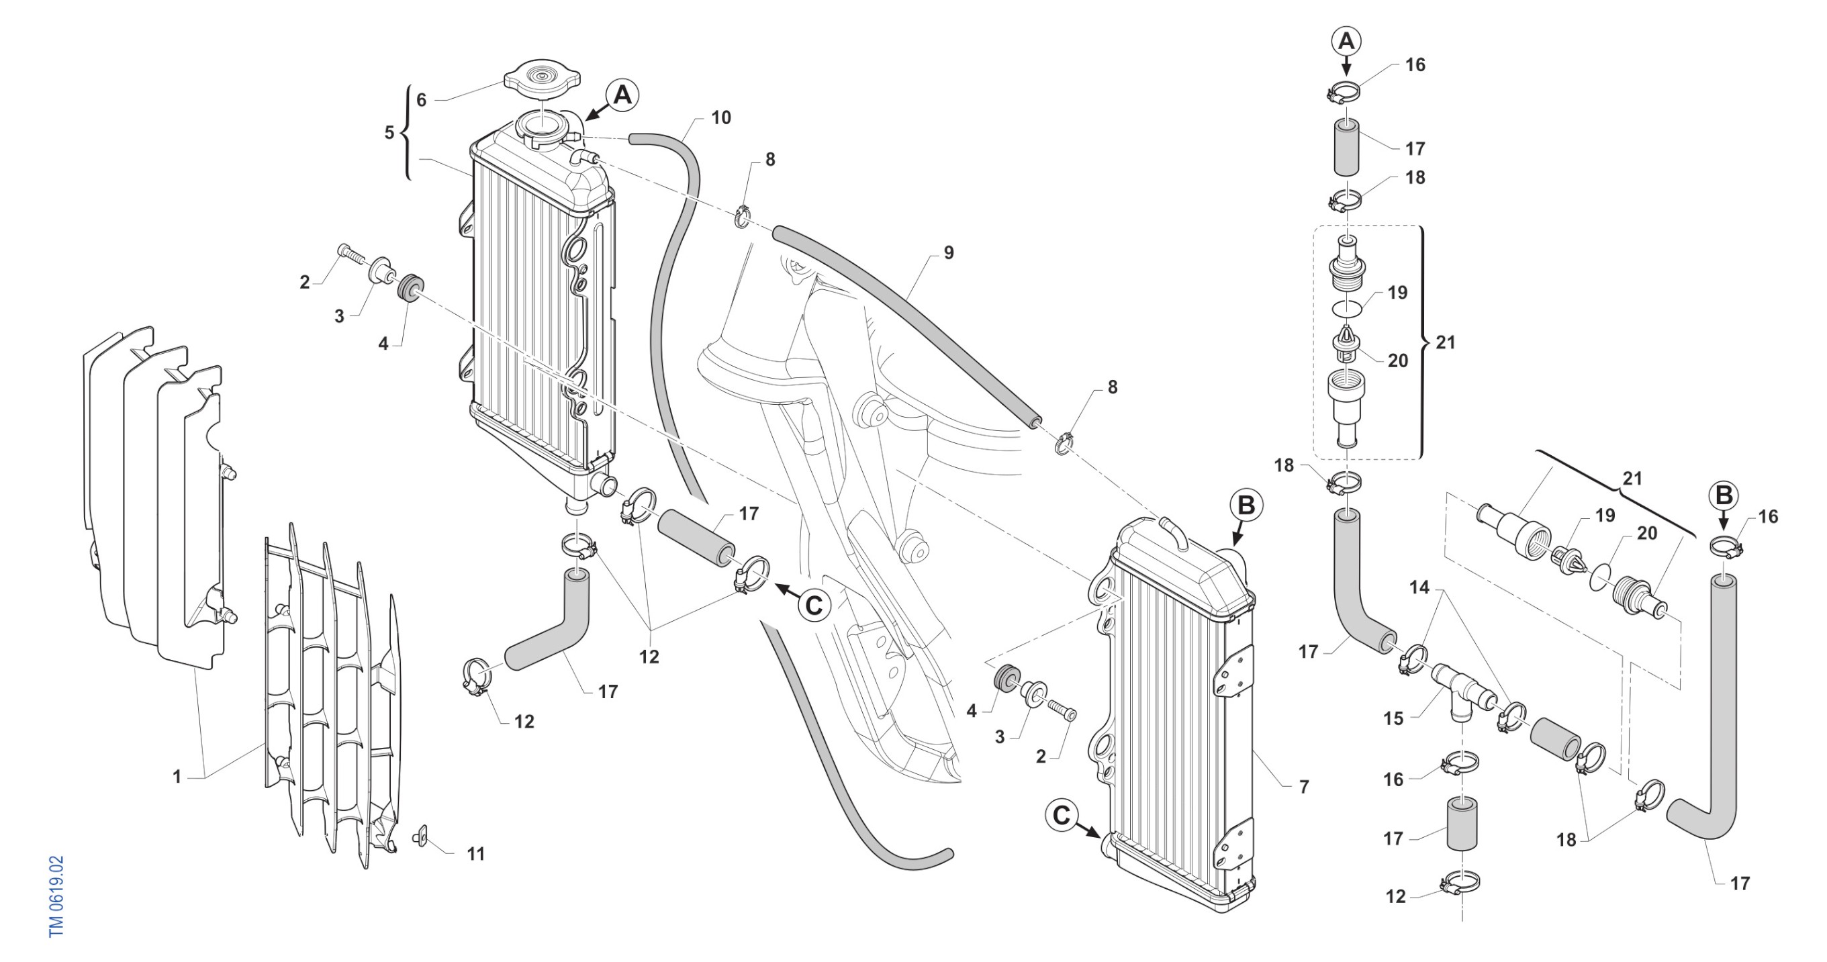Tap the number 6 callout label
[x=421, y=100]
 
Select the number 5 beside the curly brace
[x=389, y=132]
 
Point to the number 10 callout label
[x=720, y=117]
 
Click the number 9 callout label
[x=948, y=252]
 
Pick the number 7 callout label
[x=1303, y=786]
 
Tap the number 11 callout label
[x=476, y=854]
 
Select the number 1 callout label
[x=177, y=777]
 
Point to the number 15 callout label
[x=1393, y=719]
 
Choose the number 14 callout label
[x=1419, y=587]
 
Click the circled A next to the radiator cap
[x=622, y=94]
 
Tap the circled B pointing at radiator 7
[x=1246, y=506]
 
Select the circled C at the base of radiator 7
[x=1061, y=815]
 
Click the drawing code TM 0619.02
[x=57, y=896]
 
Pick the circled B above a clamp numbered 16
[x=1724, y=495]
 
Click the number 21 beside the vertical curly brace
[x=1446, y=342]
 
